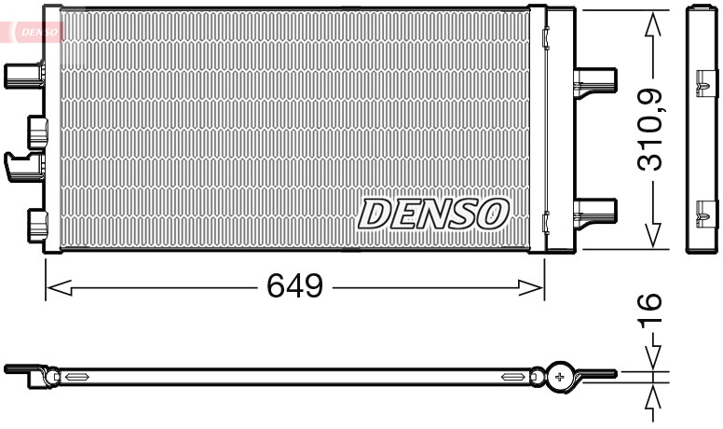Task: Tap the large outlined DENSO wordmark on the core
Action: pos(433,214)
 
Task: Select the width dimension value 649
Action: pos(294,286)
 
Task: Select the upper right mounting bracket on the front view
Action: pos(594,80)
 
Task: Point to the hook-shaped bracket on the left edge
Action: pos(22,166)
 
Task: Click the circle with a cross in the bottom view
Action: pos(560,376)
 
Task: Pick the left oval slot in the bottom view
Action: pos(75,377)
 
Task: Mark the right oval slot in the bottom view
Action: pos(513,377)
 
